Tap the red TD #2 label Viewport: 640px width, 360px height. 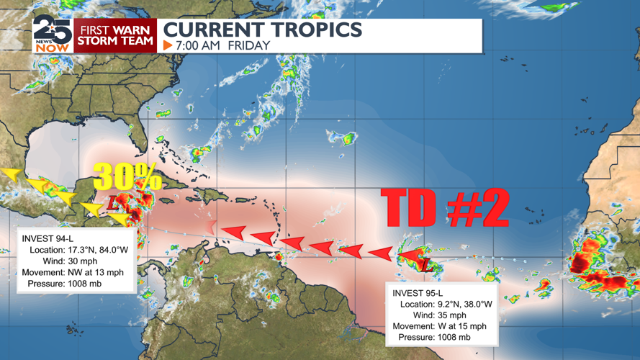(x=444, y=207)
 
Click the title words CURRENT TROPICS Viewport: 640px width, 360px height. (x=263, y=30)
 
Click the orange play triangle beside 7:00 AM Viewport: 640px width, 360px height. (x=168, y=45)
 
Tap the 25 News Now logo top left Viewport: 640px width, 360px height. (x=52, y=35)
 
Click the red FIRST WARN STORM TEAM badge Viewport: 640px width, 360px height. (x=116, y=35)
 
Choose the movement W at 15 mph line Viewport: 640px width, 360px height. (x=439, y=326)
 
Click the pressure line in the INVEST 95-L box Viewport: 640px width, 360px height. (x=436, y=337)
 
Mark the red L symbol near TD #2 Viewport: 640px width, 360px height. (x=425, y=266)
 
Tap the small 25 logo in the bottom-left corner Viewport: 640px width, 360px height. (x=73, y=330)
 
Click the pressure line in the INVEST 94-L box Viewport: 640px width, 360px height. (x=65, y=284)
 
